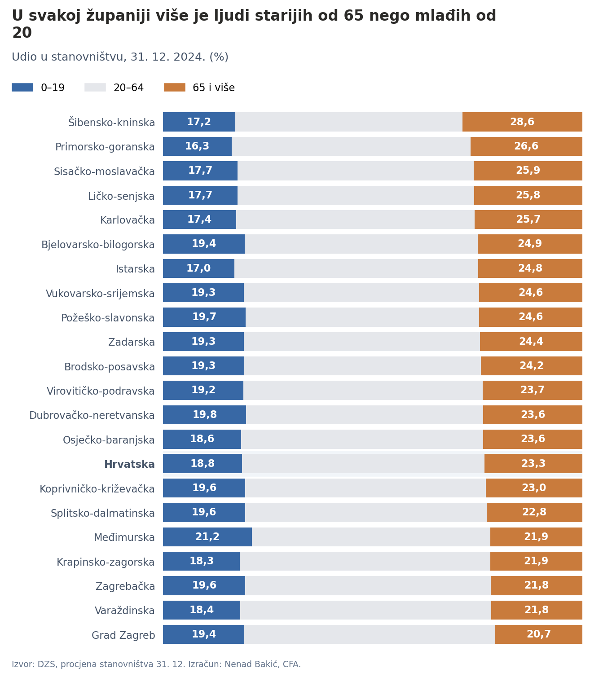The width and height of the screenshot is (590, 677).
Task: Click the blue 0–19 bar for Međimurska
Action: pyautogui.click(x=207, y=536)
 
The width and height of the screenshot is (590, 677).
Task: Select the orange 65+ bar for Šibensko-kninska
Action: pyautogui.click(x=522, y=122)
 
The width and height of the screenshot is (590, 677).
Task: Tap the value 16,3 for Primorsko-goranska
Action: pyautogui.click(x=197, y=146)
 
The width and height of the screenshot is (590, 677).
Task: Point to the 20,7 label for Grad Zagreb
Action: pyautogui.click(x=539, y=633)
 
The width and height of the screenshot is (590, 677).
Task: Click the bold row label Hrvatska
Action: pyautogui.click(x=129, y=464)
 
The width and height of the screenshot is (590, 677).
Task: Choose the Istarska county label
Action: pyautogui.click(x=135, y=268)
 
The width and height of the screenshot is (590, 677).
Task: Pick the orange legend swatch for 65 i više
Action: pyautogui.click(x=174, y=88)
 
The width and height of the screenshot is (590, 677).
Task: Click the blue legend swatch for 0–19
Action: pyautogui.click(x=22, y=88)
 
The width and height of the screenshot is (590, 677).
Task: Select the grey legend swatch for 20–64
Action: pyautogui.click(x=95, y=88)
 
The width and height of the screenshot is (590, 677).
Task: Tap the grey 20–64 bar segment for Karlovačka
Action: pyautogui.click(x=355, y=220)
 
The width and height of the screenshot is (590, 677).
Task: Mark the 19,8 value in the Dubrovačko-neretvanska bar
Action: pyautogui.click(x=205, y=414)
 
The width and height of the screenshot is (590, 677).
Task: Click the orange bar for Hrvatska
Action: pyautogui.click(x=533, y=463)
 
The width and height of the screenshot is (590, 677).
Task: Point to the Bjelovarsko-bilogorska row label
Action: pyautogui.click(x=98, y=245)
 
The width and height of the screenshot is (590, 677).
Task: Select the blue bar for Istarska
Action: pyautogui.click(x=198, y=268)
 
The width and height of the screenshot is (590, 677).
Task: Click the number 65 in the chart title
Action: pyautogui.click(x=354, y=16)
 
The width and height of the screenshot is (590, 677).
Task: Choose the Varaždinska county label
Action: pyautogui.click(x=125, y=611)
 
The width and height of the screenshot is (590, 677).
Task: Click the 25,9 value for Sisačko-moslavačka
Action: pyautogui.click(x=528, y=171)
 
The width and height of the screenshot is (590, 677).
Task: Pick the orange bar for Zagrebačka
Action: pyautogui.click(x=537, y=585)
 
